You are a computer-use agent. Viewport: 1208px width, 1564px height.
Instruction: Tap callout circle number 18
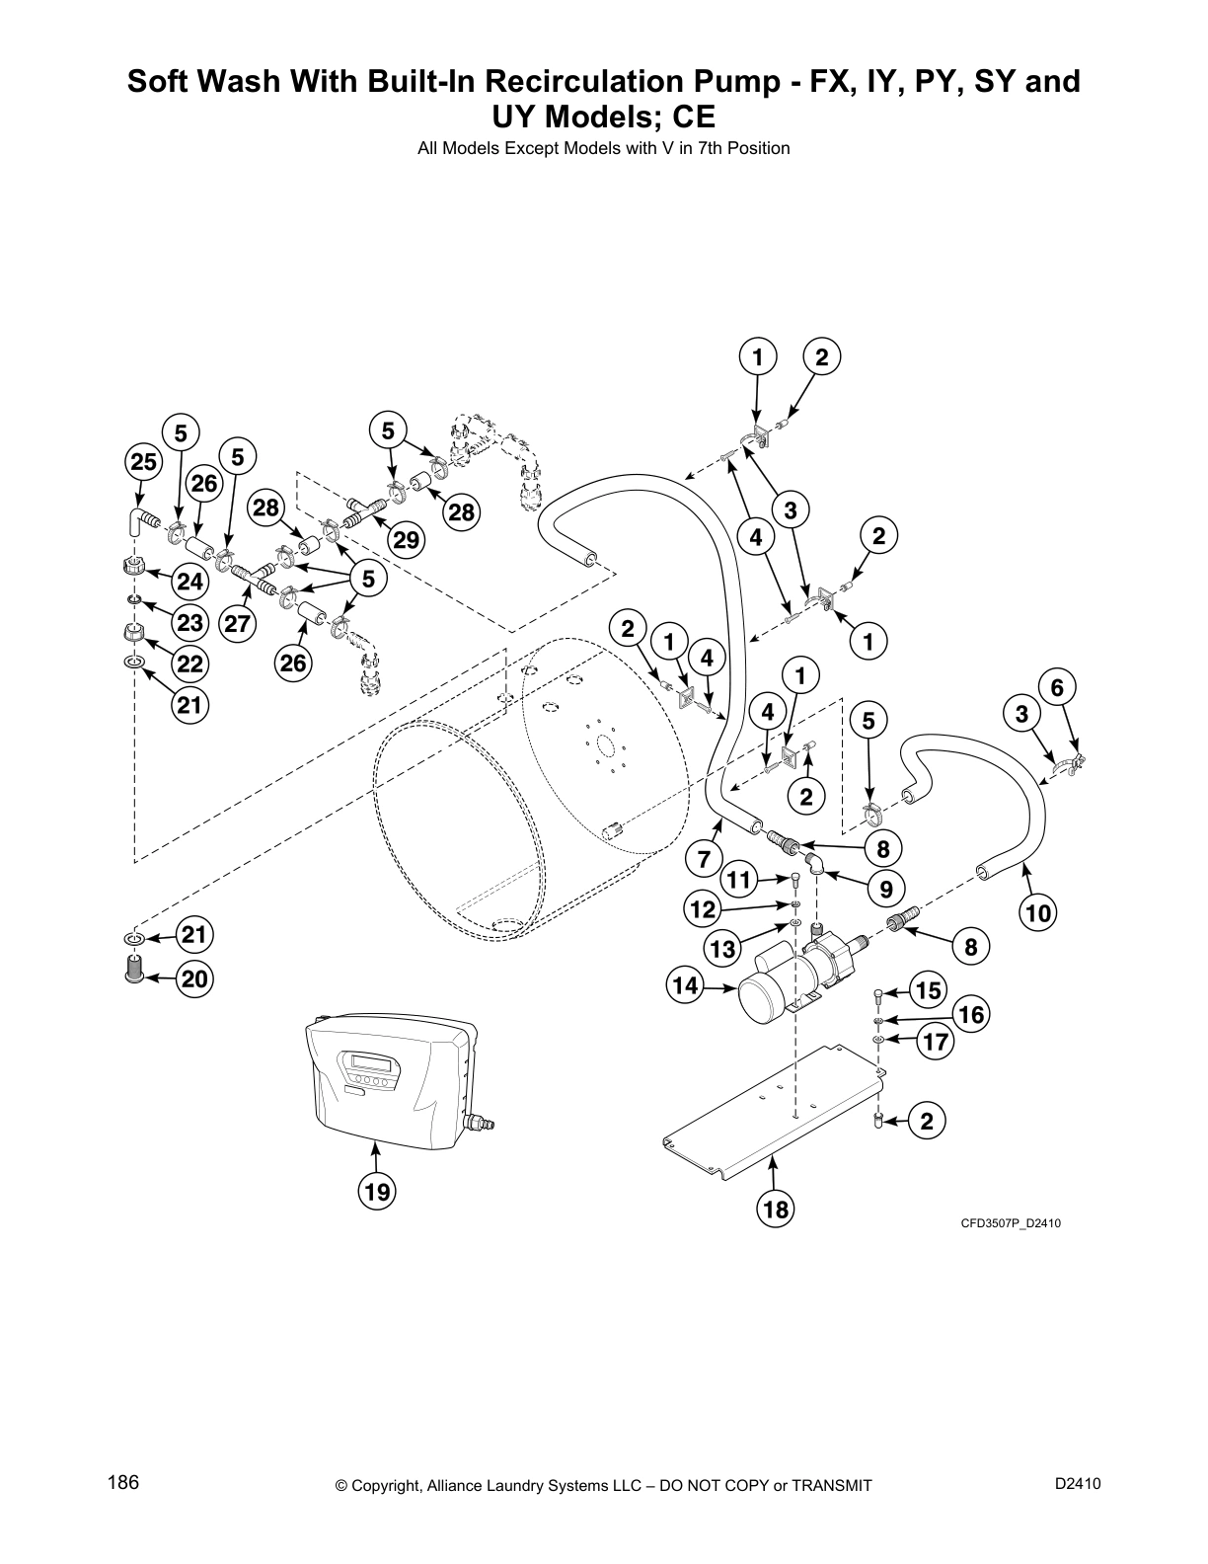coord(777,1209)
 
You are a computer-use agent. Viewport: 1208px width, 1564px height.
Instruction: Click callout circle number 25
coord(143,461)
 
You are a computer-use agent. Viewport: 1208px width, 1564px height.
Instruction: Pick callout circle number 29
coord(406,539)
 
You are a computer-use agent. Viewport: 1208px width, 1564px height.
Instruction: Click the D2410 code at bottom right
coord(1077,1483)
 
